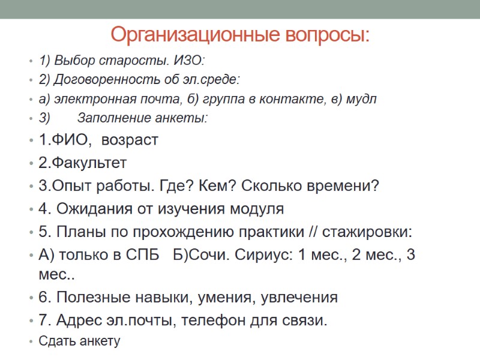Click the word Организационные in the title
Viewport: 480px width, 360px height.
pyautogui.click(x=185, y=35)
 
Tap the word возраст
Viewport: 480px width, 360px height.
pyautogui.click(x=130, y=140)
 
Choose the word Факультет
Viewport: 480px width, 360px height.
pyautogui.click(x=88, y=163)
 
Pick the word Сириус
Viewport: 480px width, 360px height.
pyautogui.click(x=254, y=254)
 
